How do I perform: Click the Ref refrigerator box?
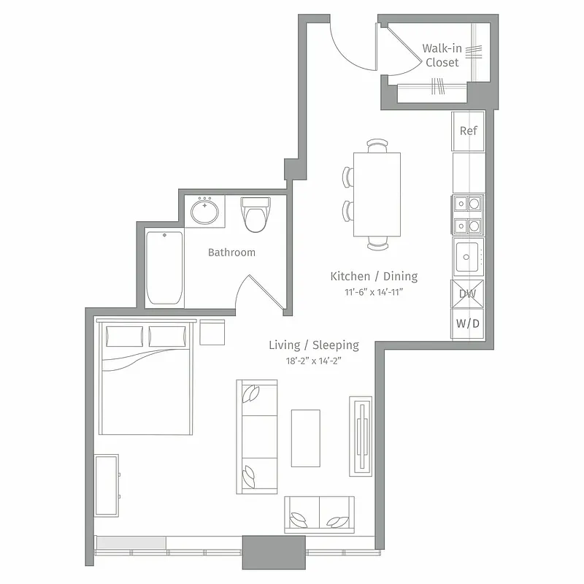pos(468,131)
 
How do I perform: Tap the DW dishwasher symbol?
pos(467,294)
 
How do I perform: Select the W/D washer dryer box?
pos(467,323)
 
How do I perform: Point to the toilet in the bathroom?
pos(256,215)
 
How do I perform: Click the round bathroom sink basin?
pos(204,212)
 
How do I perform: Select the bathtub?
pos(164,268)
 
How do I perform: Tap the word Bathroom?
pos(231,253)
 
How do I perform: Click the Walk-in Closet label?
pos(442,55)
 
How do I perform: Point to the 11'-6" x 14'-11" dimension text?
pos(374,292)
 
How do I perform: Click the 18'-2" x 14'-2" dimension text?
pos(313,361)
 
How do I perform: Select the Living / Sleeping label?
pos(313,345)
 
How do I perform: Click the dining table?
pos(377,194)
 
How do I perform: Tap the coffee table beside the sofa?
pos(305,438)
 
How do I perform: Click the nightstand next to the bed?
pos(212,333)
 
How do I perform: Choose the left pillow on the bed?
pos(125,337)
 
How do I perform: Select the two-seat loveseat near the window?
pos(319,515)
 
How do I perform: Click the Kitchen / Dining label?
pos(374,277)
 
